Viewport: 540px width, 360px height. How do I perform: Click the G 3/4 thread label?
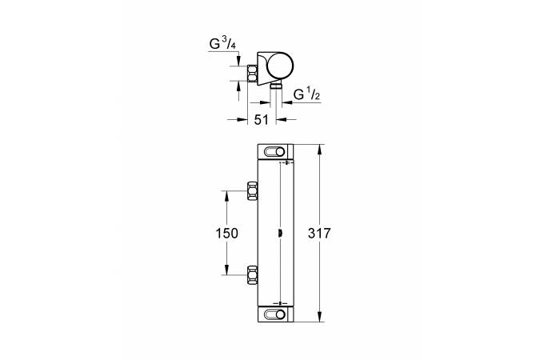[x=222, y=44]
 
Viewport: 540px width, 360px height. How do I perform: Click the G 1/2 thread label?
[x=306, y=94]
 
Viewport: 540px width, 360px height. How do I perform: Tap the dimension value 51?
[x=262, y=120]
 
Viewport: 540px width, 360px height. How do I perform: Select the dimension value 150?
[x=226, y=234]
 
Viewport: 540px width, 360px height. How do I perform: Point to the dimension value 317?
[x=319, y=234]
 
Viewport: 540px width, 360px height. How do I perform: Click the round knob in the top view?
[x=281, y=65]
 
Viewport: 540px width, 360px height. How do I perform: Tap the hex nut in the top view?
[x=253, y=74]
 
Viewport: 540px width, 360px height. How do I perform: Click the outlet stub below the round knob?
[x=275, y=86]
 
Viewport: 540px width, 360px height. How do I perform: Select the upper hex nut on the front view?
[x=253, y=191]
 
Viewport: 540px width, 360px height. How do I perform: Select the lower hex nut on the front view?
[x=253, y=275]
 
